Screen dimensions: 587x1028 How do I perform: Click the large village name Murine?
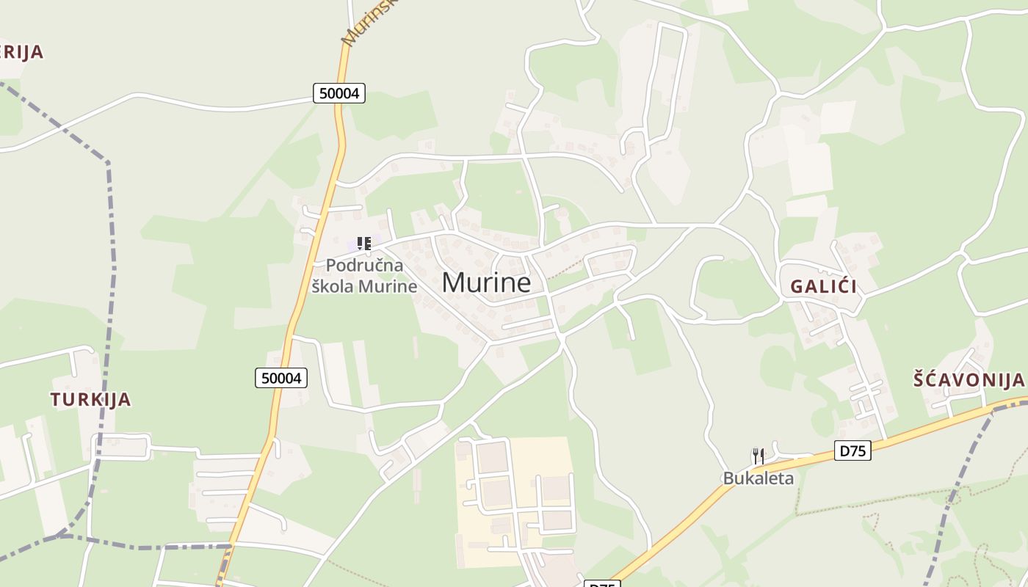click(x=486, y=282)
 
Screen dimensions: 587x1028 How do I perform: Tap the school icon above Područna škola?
click(x=363, y=244)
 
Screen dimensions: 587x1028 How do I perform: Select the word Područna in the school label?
click(x=364, y=266)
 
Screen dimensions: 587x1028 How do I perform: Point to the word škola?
click(x=334, y=286)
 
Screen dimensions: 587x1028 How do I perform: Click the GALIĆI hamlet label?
click(x=823, y=287)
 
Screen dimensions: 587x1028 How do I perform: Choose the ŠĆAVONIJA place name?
click(x=968, y=380)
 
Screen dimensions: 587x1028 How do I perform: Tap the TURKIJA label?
click(x=91, y=400)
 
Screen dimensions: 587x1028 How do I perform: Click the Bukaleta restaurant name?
click(x=759, y=478)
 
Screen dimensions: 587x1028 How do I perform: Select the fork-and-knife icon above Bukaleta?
click(x=759, y=456)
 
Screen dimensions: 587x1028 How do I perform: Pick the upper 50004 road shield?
click(x=339, y=93)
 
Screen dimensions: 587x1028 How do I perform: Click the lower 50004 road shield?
click(x=282, y=378)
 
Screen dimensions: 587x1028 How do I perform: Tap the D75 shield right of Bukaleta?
click(x=853, y=451)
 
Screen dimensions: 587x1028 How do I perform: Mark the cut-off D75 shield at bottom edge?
click(x=601, y=584)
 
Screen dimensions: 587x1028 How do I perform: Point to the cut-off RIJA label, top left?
click(x=22, y=52)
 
